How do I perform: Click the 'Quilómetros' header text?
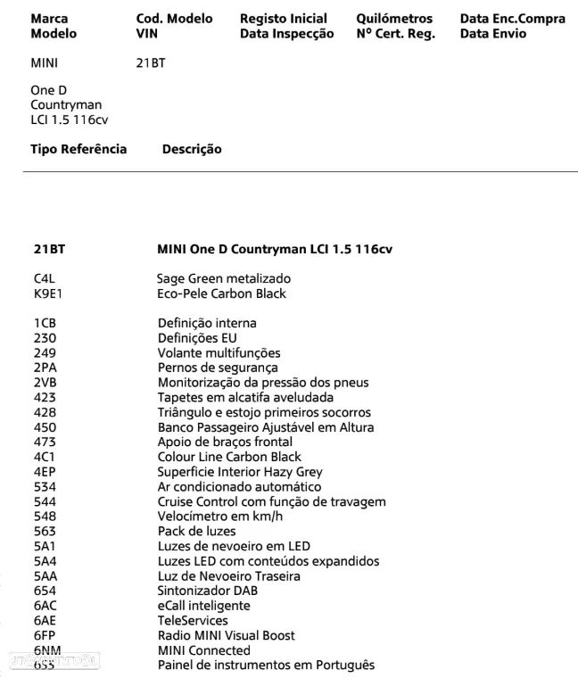394,18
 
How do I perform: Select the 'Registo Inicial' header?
284,18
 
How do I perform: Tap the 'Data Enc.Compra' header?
512,18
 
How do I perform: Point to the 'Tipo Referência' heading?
78,149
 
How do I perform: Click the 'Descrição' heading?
192,149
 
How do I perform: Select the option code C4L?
43,278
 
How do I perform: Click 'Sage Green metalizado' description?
224,278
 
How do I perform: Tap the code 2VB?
44,383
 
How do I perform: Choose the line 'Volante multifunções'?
219,352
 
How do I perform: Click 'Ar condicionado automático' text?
239,487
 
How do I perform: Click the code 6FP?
45,635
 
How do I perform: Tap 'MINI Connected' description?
204,650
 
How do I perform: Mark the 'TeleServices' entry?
193,620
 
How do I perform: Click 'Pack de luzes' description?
197,531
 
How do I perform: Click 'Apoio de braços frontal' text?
225,442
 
